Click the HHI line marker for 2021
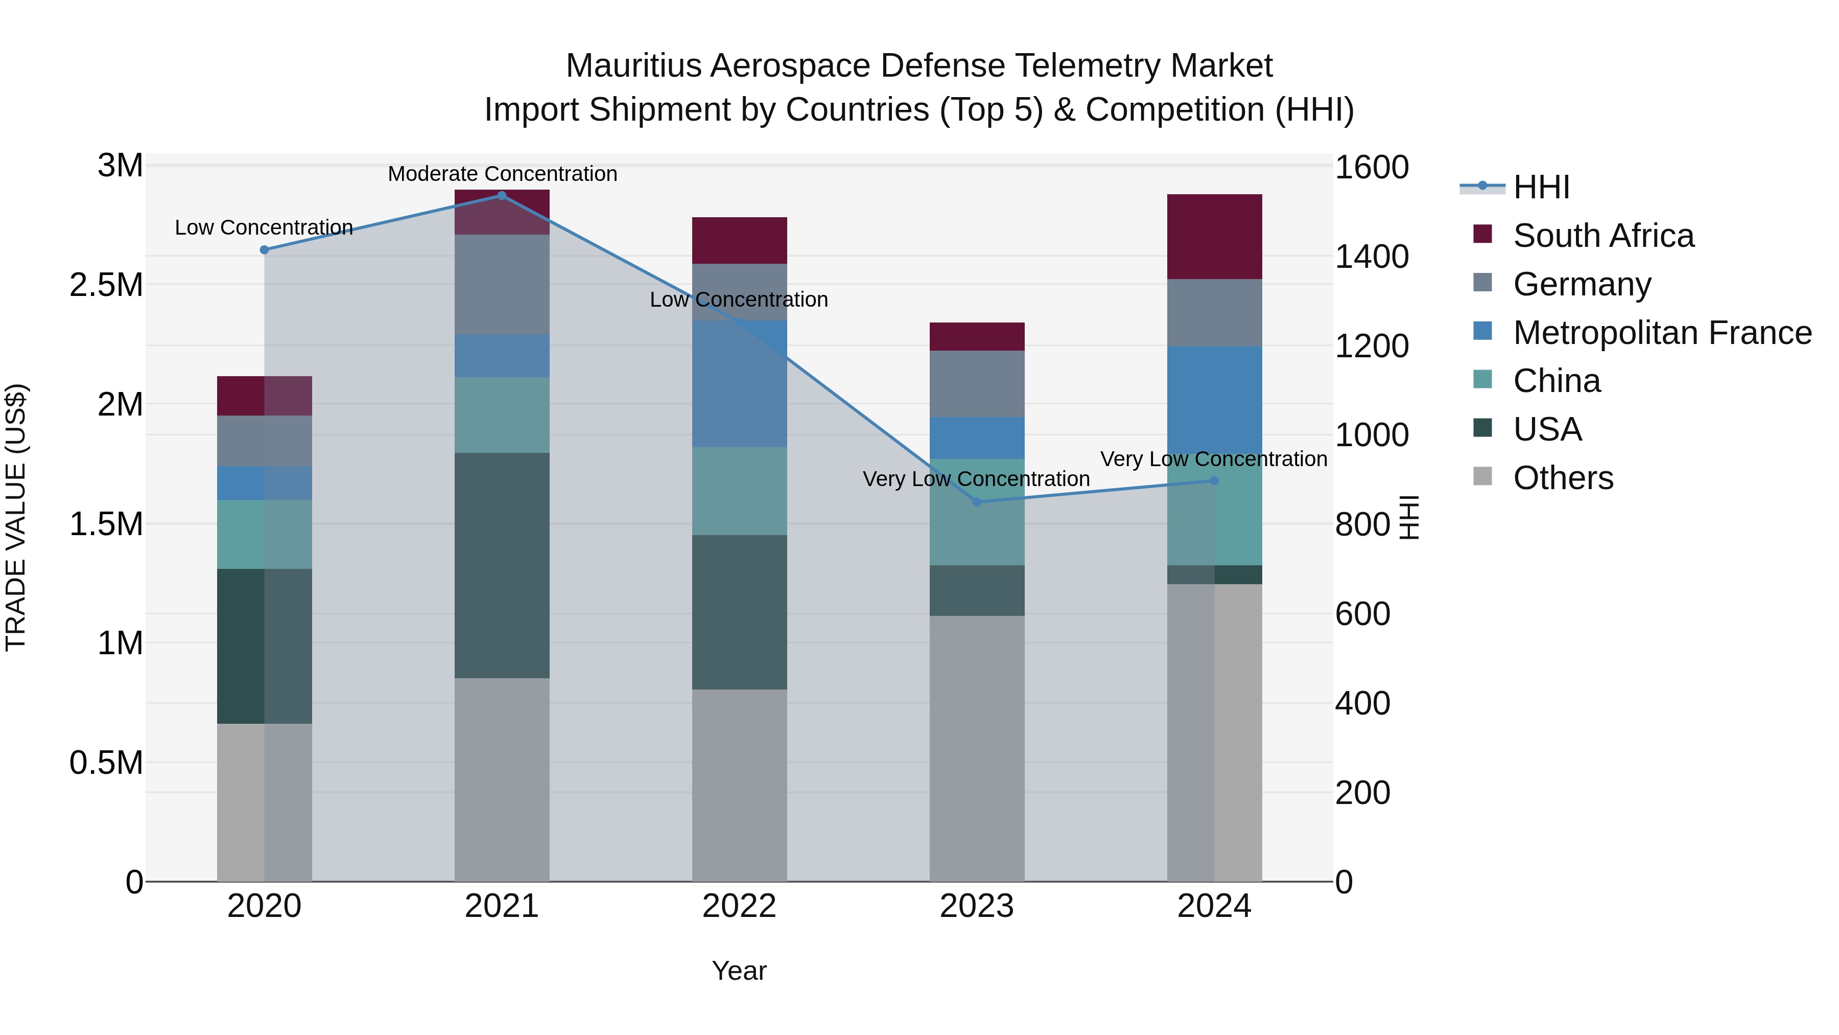pos(501,196)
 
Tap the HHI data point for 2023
pos(977,502)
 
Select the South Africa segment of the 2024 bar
pos(1214,237)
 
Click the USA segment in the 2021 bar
pos(502,565)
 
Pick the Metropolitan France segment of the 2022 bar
pos(740,383)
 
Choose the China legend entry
pos(1557,381)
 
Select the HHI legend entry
pos(1541,187)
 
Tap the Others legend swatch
pos(1483,476)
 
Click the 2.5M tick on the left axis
pos(106,285)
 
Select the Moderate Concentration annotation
pos(502,174)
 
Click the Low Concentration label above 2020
pos(264,227)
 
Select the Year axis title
pos(739,971)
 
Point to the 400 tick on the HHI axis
pos(1362,704)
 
